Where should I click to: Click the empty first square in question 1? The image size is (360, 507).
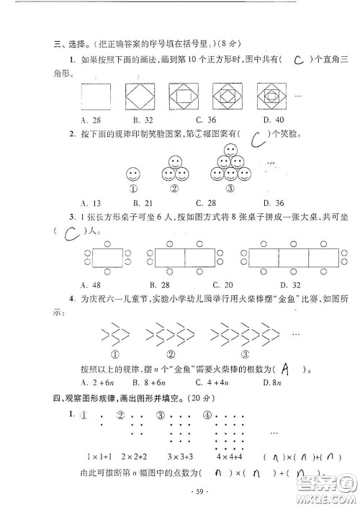coord(96,96)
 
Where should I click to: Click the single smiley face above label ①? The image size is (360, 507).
coord(132,174)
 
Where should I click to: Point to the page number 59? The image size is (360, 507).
coord(181,491)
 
